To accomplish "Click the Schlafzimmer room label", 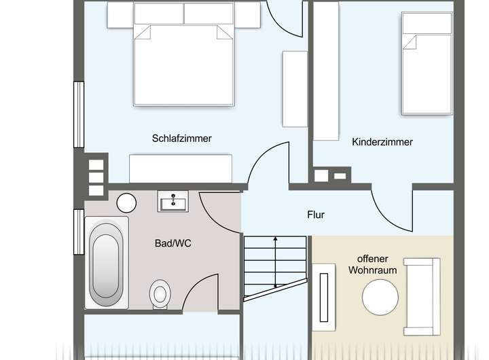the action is (181, 139).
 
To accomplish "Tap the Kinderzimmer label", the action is (382, 142).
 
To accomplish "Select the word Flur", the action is (315, 215).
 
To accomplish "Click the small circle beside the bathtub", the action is (126, 202).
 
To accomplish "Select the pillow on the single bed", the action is (427, 23).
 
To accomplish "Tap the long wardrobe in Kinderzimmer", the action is (326, 71).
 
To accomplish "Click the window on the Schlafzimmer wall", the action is (79, 105).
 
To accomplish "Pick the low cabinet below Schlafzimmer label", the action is (181, 168).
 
